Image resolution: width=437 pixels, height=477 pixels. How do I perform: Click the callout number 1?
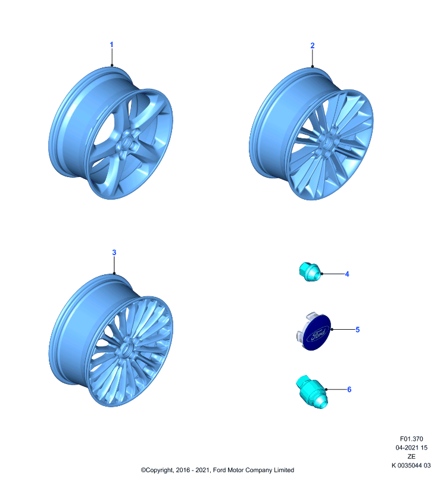[111, 45]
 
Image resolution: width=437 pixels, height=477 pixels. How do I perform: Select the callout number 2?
[313, 46]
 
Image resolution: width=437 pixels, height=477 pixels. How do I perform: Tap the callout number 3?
[114, 252]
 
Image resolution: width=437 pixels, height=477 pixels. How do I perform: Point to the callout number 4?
[347, 274]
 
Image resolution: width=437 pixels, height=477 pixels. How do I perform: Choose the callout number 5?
[357, 330]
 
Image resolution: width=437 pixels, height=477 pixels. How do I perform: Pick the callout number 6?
[349, 390]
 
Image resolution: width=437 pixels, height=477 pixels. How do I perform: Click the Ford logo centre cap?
[314, 332]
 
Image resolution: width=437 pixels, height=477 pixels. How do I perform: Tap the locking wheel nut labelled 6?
[312, 392]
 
